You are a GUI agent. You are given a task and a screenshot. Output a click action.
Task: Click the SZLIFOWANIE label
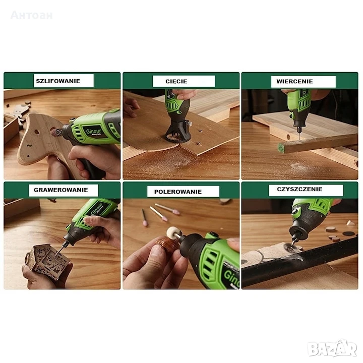pyautogui.click(x=58, y=81)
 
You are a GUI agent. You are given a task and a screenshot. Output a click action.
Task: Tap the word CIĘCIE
pyautogui.click(x=176, y=81)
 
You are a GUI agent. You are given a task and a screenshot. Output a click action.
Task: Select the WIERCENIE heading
pyautogui.click(x=294, y=81)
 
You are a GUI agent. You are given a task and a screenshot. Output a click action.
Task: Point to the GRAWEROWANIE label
pyautogui.click(x=61, y=190)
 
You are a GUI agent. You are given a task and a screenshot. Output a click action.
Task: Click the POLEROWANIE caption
pyautogui.click(x=178, y=192)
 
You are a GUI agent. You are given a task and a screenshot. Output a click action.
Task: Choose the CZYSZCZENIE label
pyautogui.click(x=299, y=189)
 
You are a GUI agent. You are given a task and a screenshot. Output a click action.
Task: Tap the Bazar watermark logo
pyautogui.click(x=332, y=348)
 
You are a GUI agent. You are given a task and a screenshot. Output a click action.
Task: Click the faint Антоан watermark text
pyautogui.click(x=31, y=15)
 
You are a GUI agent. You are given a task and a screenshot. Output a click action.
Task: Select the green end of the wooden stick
pyautogui.click(x=281, y=148)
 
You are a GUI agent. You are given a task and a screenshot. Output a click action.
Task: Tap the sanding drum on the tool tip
pyautogui.click(x=55, y=132)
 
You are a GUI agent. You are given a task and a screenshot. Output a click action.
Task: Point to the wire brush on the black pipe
pyautogui.click(x=290, y=248)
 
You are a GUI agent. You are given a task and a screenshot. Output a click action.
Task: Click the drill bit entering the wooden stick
pyautogui.click(x=299, y=134)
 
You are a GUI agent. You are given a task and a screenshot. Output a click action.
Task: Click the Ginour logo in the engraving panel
pyautogui.click(x=96, y=208)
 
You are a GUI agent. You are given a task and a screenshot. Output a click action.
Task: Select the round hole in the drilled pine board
pyautogui.click(x=288, y=137)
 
